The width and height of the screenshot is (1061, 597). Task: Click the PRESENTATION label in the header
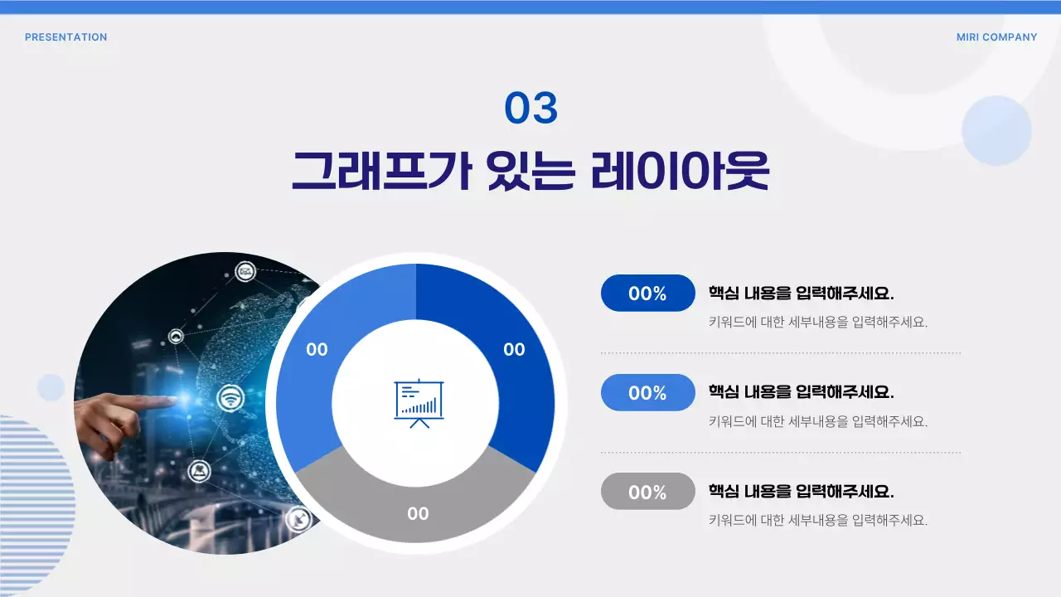65,37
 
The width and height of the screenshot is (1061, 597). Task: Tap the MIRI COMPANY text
996,37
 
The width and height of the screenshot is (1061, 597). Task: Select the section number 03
531,109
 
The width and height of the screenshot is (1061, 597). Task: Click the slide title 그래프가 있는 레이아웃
530,170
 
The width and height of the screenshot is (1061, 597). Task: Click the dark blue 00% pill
647,294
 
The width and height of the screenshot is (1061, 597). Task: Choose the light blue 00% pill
647,392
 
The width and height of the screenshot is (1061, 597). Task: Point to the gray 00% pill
647,492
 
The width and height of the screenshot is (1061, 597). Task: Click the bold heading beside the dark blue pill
801,294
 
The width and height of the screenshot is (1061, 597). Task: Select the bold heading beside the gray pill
801,491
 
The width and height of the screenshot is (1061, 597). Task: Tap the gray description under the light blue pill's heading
817,421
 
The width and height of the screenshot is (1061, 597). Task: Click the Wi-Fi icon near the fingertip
230,399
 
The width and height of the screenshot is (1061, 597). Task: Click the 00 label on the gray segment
418,514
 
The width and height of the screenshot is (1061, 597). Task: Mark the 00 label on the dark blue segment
514,350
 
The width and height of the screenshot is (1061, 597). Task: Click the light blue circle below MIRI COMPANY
996,130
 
